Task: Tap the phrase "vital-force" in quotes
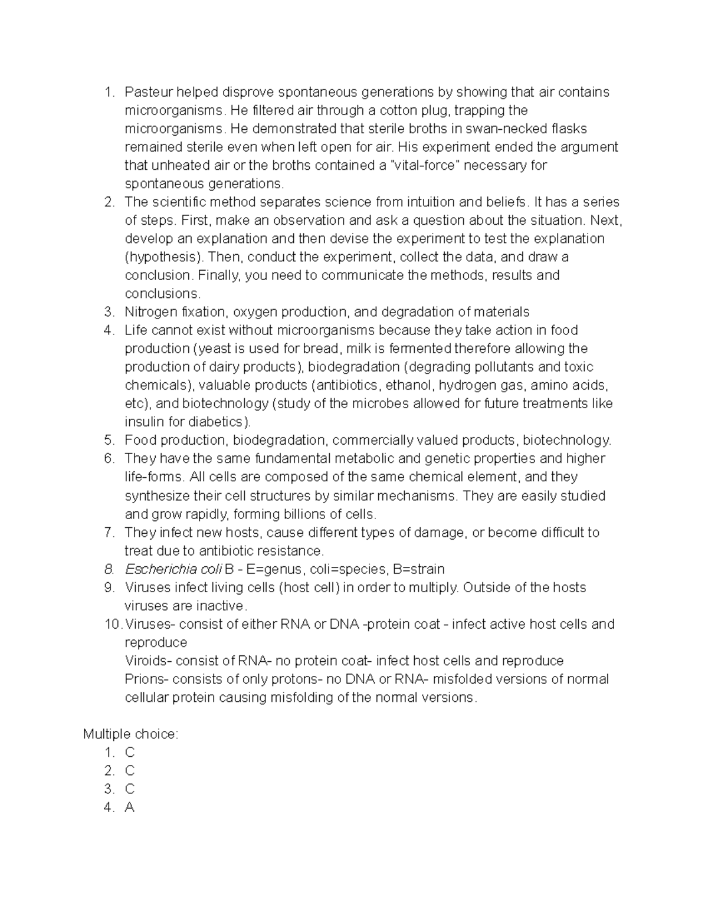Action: [x=428, y=165]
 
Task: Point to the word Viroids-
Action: [x=148, y=661]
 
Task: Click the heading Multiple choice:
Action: [x=130, y=734]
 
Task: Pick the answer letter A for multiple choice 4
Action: [x=130, y=808]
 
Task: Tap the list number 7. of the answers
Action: [x=109, y=533]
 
